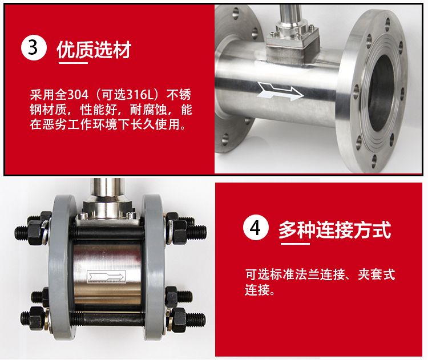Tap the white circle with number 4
(x=256, y=228)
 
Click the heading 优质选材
(x=94, y=50)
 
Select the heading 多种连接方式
(x=334, y=230)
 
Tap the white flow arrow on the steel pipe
(x=280, y=91)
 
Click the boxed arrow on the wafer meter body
(x=107, y=276)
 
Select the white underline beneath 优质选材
(x=73, y=63)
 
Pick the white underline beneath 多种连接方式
(x=295, y=243)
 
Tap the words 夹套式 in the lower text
(x=377, y=274)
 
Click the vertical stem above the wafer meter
(x=107, y=189)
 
